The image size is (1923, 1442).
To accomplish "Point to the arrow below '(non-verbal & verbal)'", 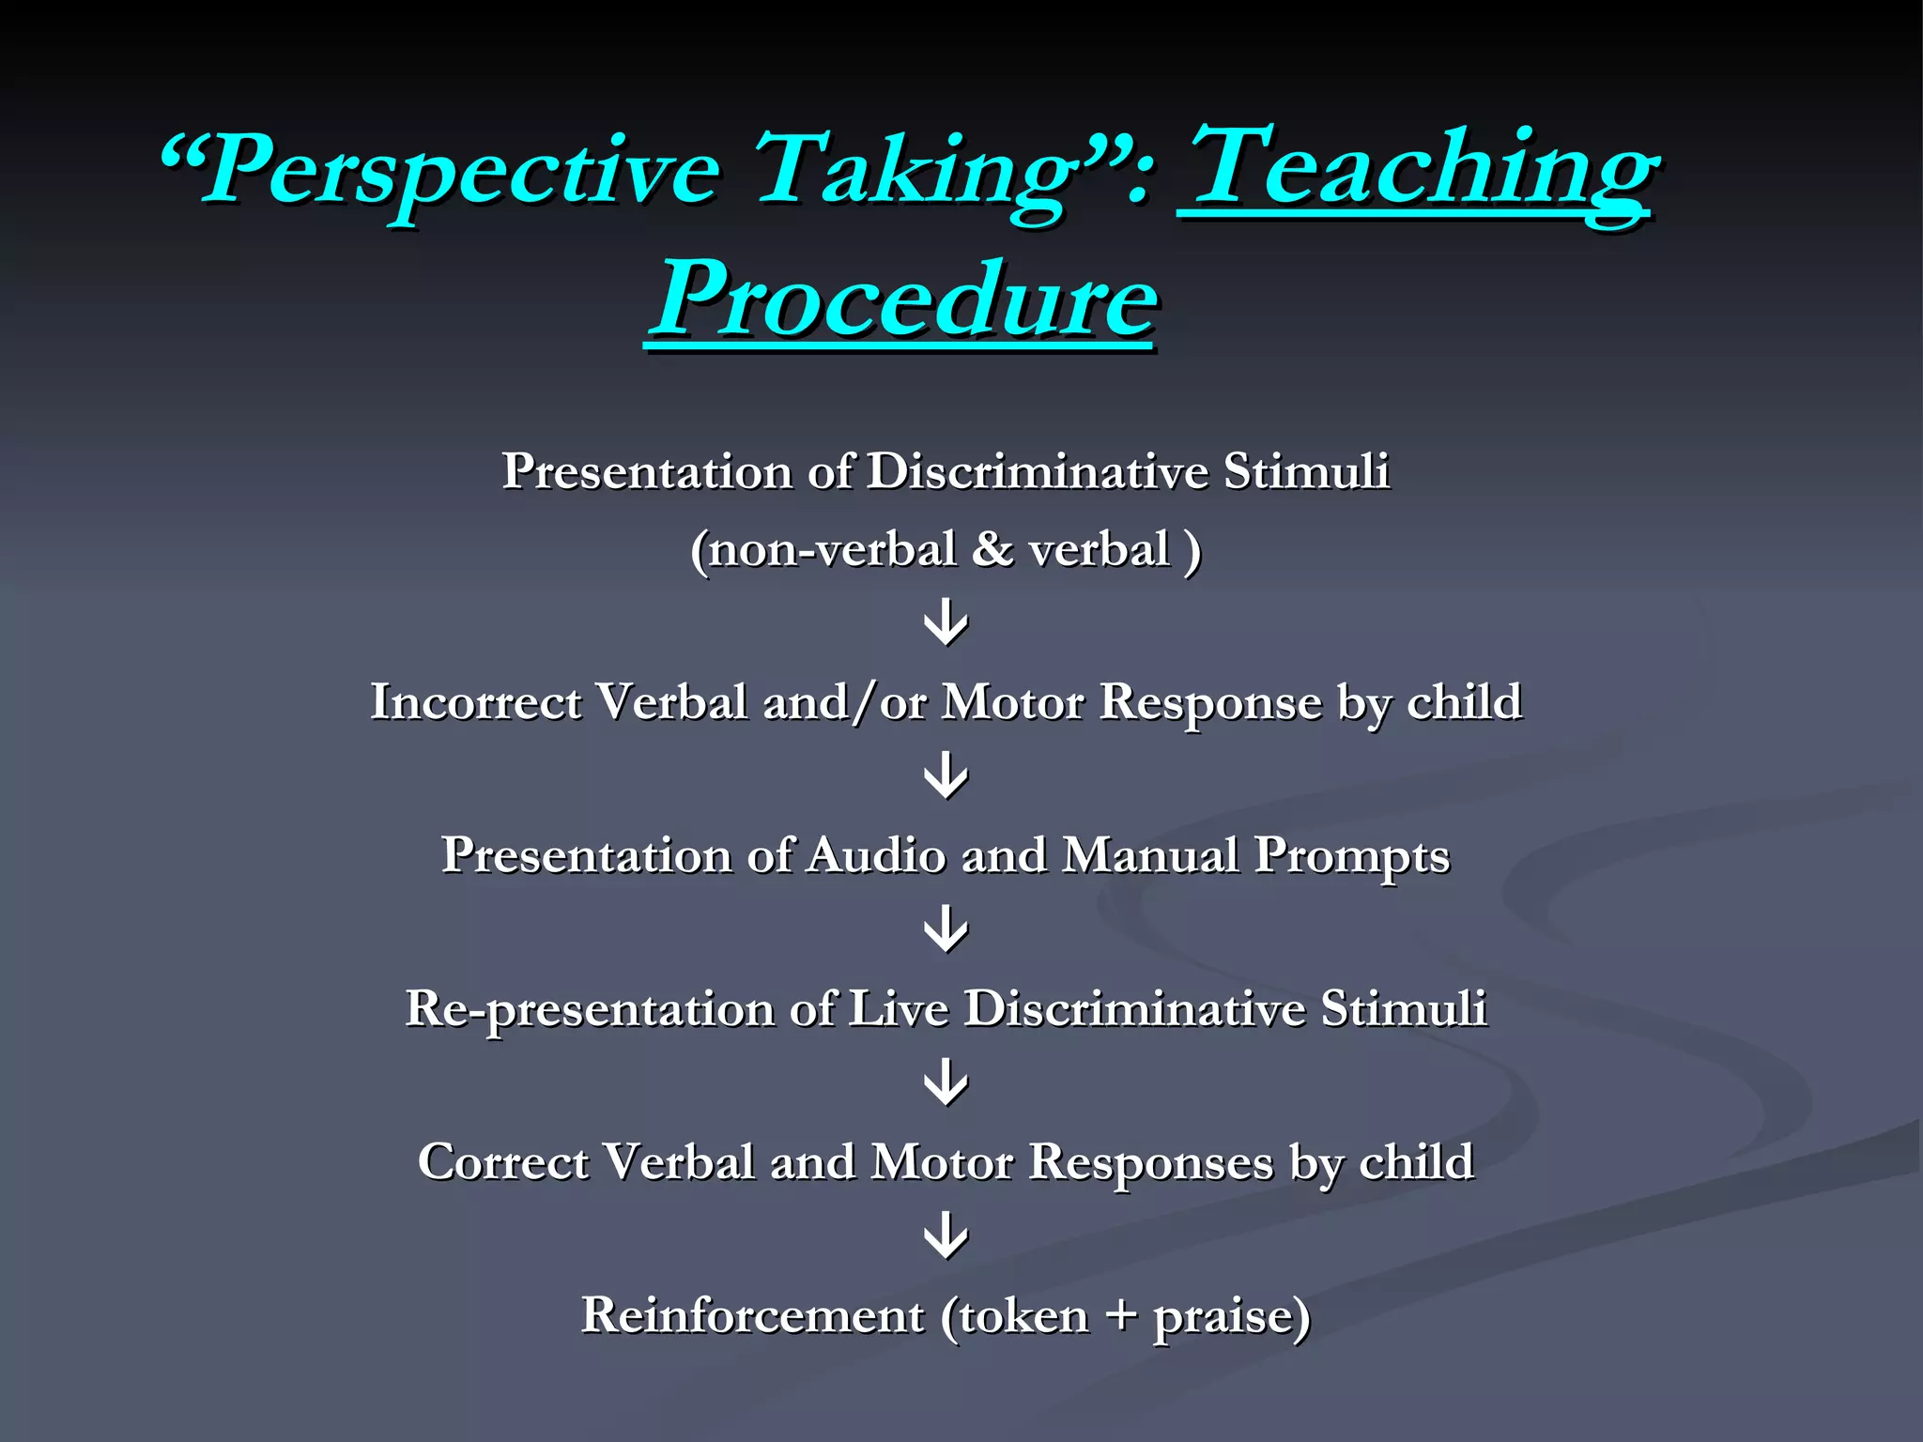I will [x=946, y=623].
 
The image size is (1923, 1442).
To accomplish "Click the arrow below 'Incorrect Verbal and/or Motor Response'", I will [x=946, y=776].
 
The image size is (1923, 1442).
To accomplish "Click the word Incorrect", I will [x=475, y=702].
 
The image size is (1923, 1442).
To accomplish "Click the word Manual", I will [x=1150, y=855].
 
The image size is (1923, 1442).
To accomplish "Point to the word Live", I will [x=898, y=1009].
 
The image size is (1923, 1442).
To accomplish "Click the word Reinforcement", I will [x=752, y=1315].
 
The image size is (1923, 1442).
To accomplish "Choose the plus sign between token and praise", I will [x=1120, y=1315].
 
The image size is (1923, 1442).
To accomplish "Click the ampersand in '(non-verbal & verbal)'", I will [x=992, y=549].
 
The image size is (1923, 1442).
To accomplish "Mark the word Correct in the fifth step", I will [x=502, y=1162].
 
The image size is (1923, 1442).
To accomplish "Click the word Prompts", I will [x=1351, y=855].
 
